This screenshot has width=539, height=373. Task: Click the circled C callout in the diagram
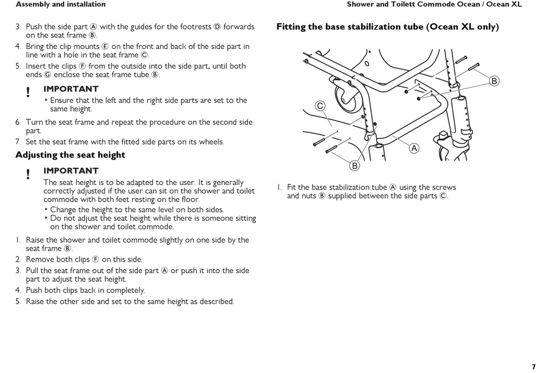coord(320,106)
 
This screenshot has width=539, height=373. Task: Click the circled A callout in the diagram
coord(414,148)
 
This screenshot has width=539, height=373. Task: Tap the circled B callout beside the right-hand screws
coord(494,81)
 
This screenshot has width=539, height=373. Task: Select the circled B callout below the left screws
coord(355,166)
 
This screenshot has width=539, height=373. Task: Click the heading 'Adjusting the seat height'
coord(70,155)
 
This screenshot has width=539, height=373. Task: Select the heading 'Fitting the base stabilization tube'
coord(388,27)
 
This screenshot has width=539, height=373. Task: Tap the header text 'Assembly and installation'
coord(61,5)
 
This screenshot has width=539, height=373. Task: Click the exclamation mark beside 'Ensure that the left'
coord(27,92)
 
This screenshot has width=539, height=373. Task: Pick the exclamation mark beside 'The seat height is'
coord(27,174)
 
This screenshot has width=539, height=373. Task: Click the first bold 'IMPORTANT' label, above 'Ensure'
coord(71,89)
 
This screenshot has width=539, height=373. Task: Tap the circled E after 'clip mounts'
coord(105,47)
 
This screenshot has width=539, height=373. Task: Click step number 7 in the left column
coord(18,142)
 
